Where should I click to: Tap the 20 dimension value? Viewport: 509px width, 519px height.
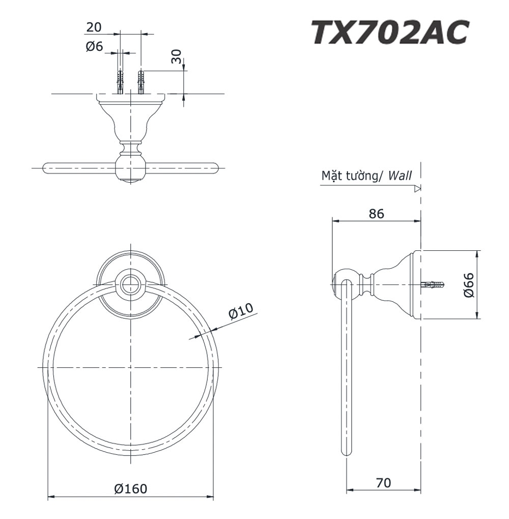click(94, 27)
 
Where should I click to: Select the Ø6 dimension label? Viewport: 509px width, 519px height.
click(94, 46)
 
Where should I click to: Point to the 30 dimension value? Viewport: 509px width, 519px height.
click(177, 56)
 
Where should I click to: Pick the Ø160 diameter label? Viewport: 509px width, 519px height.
click(130, 488)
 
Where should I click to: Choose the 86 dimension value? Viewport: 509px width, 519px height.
click(377, 214)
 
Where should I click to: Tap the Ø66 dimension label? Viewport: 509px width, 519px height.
click(469, 285)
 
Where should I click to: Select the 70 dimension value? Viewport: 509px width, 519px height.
click(383, 483)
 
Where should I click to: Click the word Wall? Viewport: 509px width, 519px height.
click(400, 175)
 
